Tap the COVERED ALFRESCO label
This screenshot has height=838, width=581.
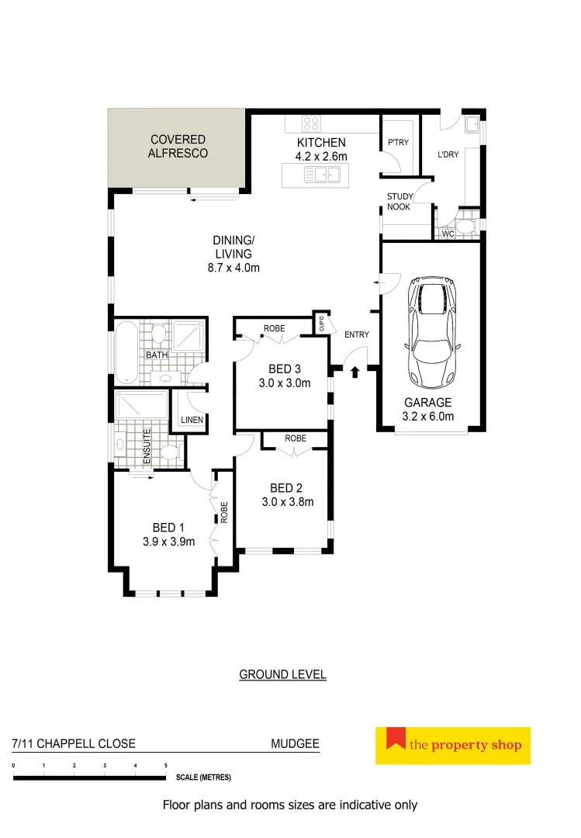[x=178, y=147]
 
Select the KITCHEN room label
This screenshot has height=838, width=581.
[x=321, y=143]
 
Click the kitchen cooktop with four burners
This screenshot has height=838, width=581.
[x=311, y=123]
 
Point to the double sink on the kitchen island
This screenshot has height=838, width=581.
[x=320, y=176]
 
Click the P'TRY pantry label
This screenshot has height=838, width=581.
[x=398, y=143]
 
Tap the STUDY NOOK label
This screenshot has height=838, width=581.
[x=400, y=202]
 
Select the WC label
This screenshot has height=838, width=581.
[x=448, y=234]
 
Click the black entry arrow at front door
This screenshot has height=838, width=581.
[x=355, y=372]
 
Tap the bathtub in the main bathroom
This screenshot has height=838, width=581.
[x=126, y=354]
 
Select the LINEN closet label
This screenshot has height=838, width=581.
[x=192, y=420]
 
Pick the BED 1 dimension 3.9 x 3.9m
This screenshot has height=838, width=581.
[x=168, y=542]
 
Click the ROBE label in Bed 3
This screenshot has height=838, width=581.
[x=274, y=329]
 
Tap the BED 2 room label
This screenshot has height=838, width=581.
[x=286, y=487]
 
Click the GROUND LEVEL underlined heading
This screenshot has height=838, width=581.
[x=282, y=674]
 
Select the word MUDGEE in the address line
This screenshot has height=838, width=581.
[x=295, y=743]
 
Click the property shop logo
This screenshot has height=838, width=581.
[x=452, y=746]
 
